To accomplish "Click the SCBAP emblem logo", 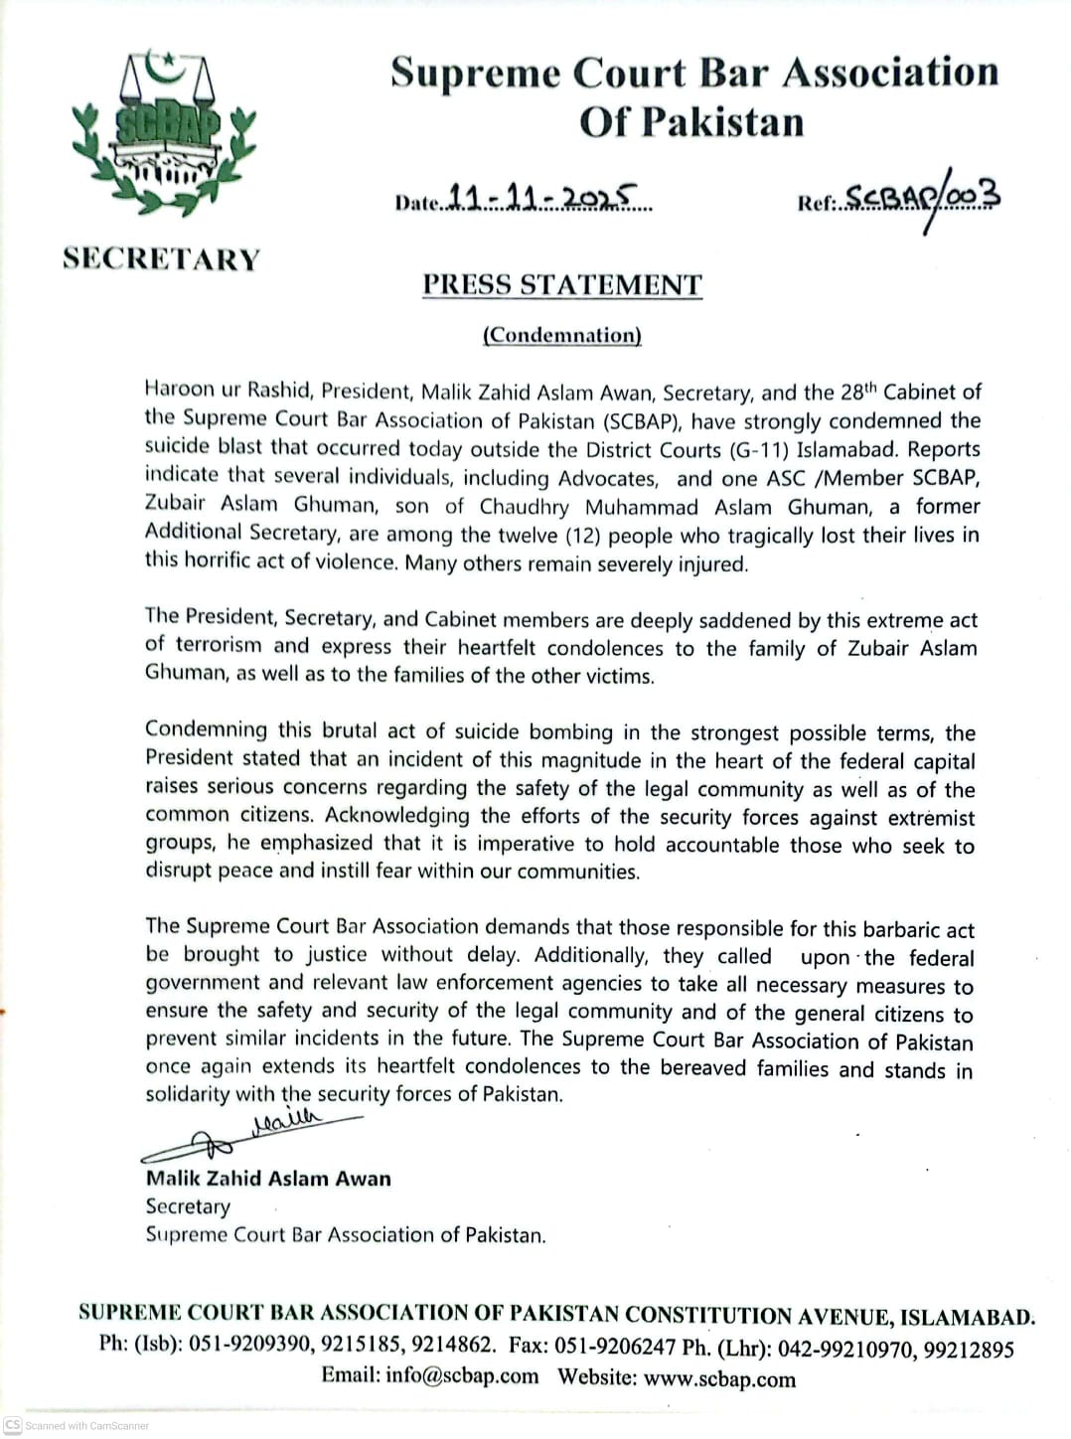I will [163, 133].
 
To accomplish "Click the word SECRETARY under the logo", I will [162, 258].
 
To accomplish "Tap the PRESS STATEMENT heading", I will [562, 285].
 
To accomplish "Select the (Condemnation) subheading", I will [562, 335].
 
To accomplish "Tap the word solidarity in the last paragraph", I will [188, 1095].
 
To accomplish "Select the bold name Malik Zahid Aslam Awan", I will [268, 1179].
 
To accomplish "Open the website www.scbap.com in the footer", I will [719, 1379].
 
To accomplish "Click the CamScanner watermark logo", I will [13, 1425].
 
